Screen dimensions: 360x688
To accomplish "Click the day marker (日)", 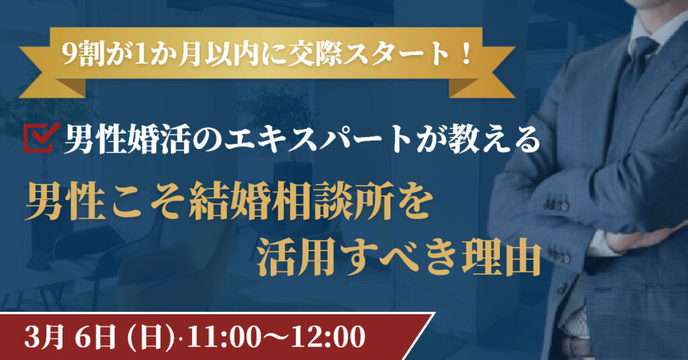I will tap(152, 336).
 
